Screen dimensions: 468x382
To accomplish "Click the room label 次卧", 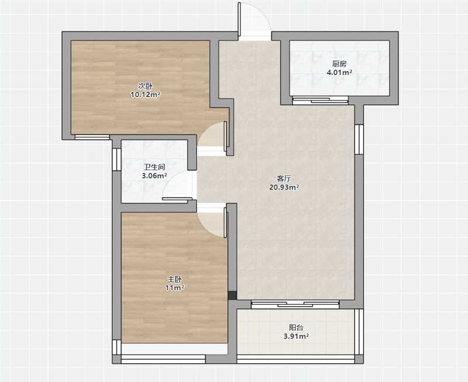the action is click(145, 86).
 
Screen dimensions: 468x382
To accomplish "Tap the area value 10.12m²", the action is click(145, 95).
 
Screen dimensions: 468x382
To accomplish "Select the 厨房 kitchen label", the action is click(339, 64).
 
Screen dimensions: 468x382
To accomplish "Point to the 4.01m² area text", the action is click(339, 72).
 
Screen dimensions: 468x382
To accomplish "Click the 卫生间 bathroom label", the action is click(154, 167).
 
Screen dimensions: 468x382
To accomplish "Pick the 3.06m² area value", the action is click(154, 175).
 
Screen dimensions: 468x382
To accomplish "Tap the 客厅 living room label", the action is click(284, 178).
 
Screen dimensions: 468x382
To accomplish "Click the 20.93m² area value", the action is click(284, 187).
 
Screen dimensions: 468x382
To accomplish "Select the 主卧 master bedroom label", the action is click(174, 280).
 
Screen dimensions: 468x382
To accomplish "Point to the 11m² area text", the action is click(174, 288).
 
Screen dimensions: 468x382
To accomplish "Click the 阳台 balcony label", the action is click(296, 328).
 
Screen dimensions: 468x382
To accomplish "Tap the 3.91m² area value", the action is click(296, 336).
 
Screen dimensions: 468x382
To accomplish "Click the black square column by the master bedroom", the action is click(232, 295).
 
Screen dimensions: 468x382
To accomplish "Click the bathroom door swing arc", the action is click(170, 181).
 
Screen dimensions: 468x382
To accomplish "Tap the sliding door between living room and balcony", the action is click(295, 304).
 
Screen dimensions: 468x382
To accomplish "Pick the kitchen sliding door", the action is click(320, 101).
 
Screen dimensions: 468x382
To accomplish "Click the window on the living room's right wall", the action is click(359, 139).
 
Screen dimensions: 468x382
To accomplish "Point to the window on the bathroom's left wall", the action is click(116, 159).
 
